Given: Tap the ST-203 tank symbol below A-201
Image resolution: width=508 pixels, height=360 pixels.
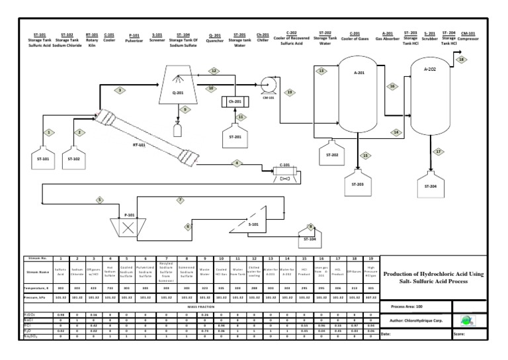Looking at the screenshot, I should pyautogui.click(x=357, y=181).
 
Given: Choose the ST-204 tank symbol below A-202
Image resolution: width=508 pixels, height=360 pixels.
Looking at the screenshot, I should pyautogui.click(x=431, y=183).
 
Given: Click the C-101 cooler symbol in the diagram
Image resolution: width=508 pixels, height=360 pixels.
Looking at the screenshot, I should pyautogui.click(x=285, y=177).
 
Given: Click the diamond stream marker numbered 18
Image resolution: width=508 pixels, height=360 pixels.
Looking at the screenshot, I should pyautogui.click(x=462, y=60).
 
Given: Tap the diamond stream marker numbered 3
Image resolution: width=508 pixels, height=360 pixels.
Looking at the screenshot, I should pyautogui.click(x=120, y=89).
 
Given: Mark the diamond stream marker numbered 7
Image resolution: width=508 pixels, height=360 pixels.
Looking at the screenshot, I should pyautogui.click(x=180, y=200).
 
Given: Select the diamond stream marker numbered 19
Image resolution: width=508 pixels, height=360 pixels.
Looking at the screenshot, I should pyautogui.click(x=289, y=92).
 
